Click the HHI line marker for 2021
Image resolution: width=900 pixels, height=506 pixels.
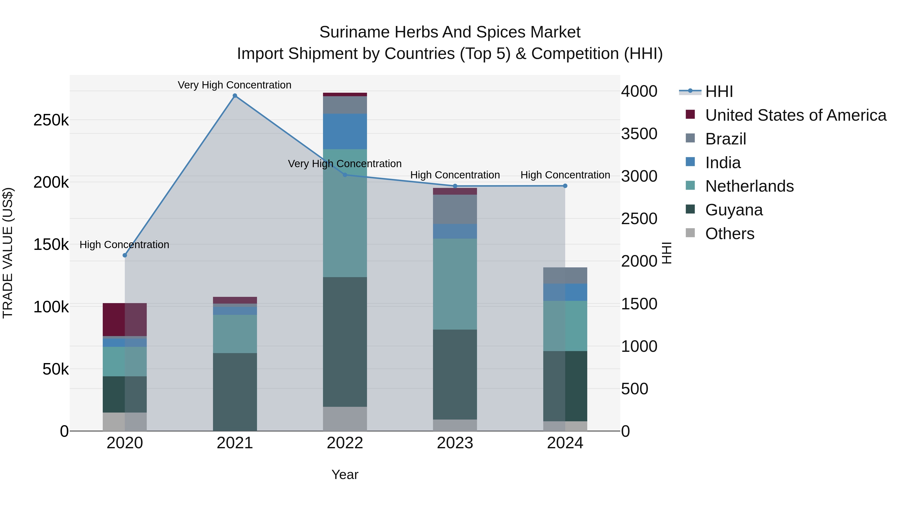click(235, 96)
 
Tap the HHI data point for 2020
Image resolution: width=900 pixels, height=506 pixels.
click(125, 255)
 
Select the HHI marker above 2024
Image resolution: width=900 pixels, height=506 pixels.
click(565, 186)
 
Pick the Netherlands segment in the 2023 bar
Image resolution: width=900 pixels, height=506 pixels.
click(455, 284)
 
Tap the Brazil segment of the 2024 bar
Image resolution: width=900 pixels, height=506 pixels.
click(565, 276)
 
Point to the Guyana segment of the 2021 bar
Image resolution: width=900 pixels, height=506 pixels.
click(235, 392)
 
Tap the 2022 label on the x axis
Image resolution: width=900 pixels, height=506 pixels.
click(345, 443)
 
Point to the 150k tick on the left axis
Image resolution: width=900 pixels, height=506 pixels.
click(51, 244)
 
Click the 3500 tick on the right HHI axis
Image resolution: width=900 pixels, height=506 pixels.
click(639, 134)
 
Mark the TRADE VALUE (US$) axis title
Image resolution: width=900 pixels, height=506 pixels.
click(8, 253)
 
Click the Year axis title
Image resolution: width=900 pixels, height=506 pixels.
click(345, 475)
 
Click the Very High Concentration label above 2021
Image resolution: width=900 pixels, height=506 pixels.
click(234, 85)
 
